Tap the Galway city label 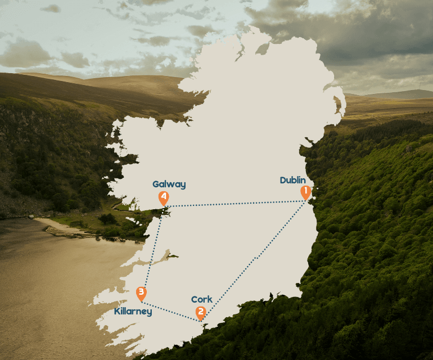pos(169,184)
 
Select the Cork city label pos(202,299)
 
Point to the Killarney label pos(133,311)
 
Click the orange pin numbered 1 pos(305,192)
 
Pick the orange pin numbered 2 pos(200,312)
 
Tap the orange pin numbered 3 pos(141,292)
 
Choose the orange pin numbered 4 pos(164,197)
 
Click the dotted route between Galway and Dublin pos(236,204)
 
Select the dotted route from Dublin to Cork pos(256,259)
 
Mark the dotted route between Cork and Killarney pos(172,313)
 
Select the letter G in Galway pos(156,184)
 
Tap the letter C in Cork pos(194,299)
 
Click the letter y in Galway pos(183,185)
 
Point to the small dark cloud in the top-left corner pos(51,8)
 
